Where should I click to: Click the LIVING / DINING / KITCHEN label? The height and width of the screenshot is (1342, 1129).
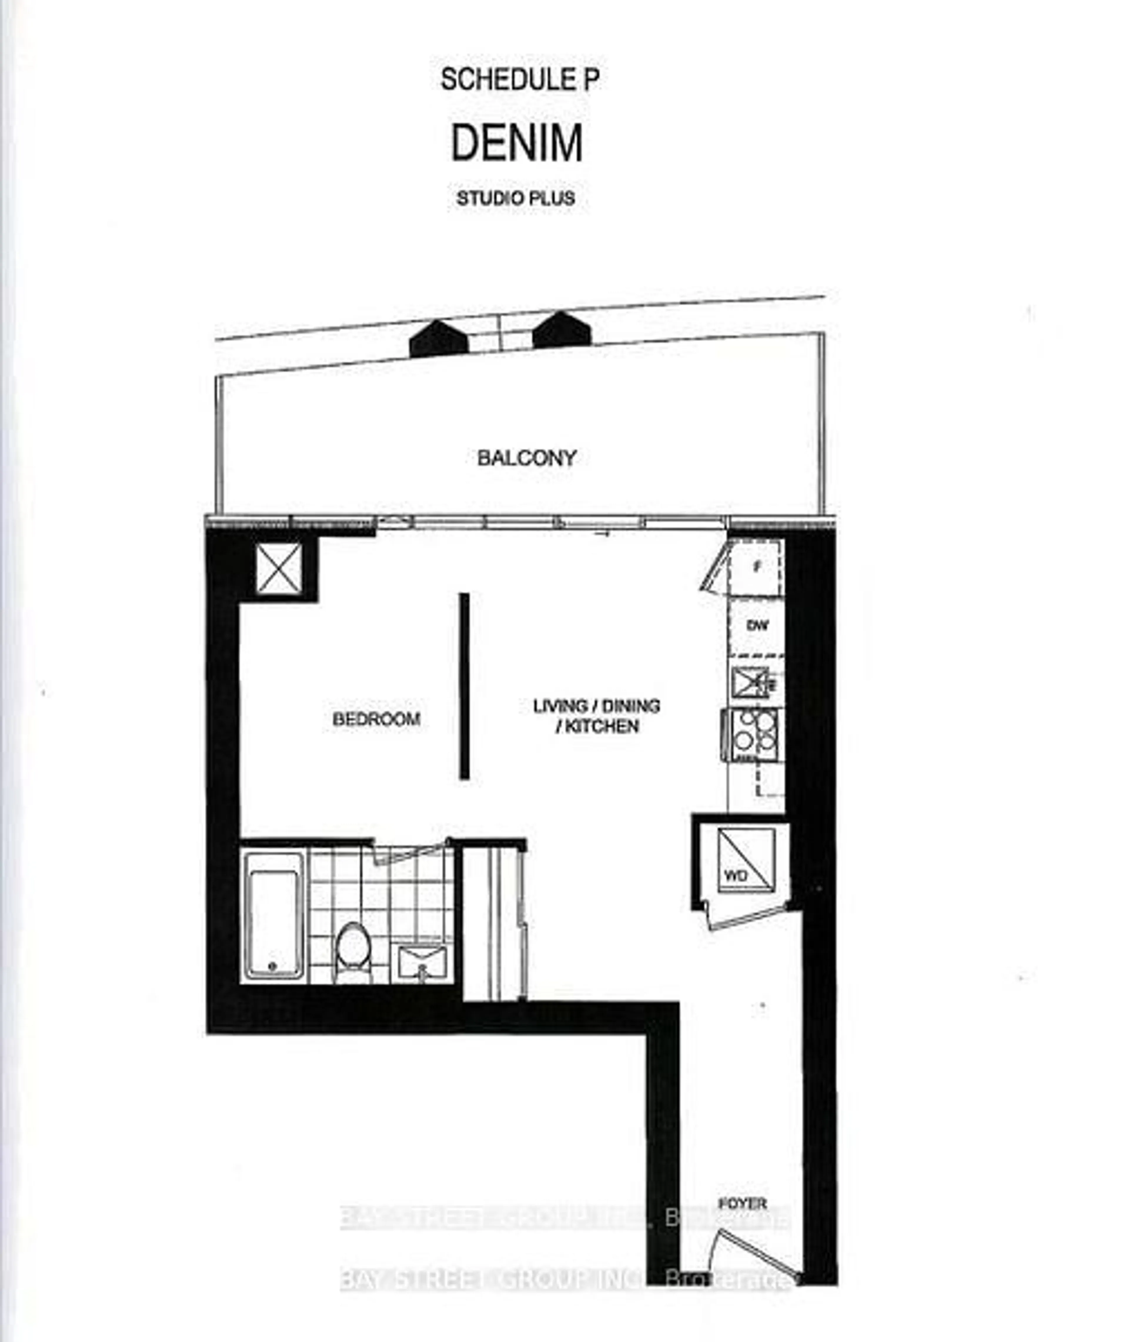click(597, 716)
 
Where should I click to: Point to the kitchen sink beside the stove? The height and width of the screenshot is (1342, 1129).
click(750, 682)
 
